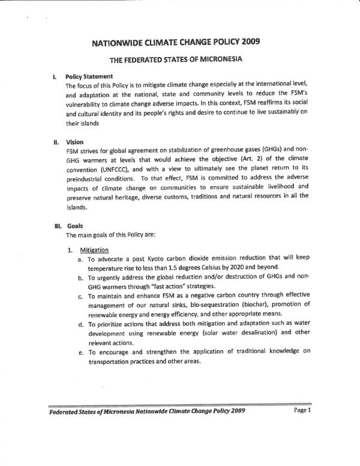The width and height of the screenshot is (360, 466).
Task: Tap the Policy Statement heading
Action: (89, 77)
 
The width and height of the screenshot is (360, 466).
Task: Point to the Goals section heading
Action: (75, 226)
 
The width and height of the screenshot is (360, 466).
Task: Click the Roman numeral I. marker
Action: (55, 77)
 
